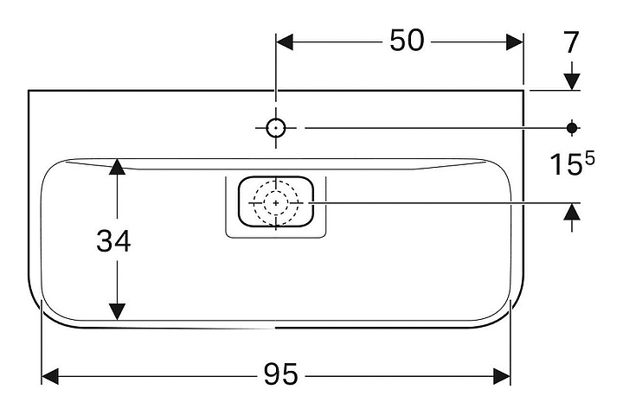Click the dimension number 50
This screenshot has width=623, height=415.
[x=407, y=41]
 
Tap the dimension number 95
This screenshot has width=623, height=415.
[x=280, y=374]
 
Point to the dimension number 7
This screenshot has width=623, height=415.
[x=571, y=42]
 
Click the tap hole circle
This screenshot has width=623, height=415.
[x=275, y=128]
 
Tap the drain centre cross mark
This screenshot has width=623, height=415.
[x=276, y=202]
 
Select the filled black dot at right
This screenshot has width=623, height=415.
[x=571, y=128]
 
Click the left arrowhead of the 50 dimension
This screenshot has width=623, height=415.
[x=284, y=41]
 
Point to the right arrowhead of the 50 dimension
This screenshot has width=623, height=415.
[x=516, y=41]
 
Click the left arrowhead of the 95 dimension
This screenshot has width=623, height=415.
[x=50, y=375]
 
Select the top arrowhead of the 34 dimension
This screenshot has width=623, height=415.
[x=118, y=167]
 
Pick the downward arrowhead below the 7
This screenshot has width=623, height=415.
[x=571, y=81]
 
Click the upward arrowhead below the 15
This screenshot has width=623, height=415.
[x=571, y=212]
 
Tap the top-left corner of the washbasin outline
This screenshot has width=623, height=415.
[x=29, y=90]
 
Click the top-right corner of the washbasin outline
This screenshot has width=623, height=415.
[x=523, y=90]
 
